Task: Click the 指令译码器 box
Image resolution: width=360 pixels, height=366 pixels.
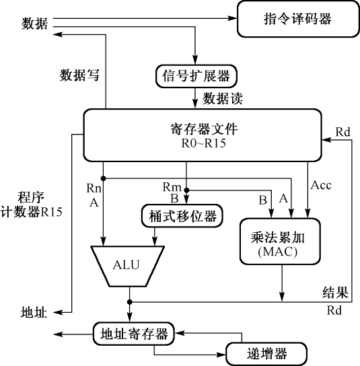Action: [297, 19]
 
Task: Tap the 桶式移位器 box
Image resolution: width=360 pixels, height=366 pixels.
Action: [182, 215]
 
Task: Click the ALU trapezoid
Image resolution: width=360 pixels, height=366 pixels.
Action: [127, 263]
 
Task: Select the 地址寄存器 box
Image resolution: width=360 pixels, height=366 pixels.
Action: [133, 332]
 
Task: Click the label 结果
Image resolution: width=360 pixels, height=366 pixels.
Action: [334, 293]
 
